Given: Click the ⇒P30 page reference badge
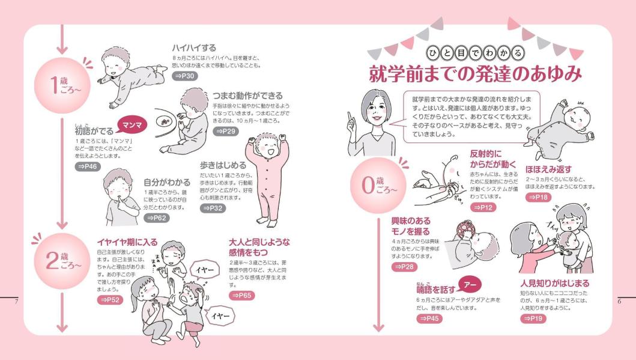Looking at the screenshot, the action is (x=185, y=76).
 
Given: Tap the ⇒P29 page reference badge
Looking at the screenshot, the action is (x=226, y=131).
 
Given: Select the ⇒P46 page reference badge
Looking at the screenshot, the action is (x=88, y=166).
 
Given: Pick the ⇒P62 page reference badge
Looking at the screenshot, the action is (x=157, y=218).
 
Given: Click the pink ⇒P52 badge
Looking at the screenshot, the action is (x=110, y=300).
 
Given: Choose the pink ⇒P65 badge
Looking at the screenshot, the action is (x=242, y=296).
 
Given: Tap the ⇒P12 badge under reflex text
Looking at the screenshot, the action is (x=483, y=207).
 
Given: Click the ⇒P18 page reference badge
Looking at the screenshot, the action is (x=539, y=197).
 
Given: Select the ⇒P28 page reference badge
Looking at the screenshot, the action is (x=404, y=267).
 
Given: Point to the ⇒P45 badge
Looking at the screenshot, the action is (x=429, y=319).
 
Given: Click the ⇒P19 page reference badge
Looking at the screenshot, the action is (x=533, y=319).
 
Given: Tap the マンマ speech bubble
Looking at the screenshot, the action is (x=132, y=126).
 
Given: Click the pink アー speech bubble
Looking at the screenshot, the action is (x=470, y=284).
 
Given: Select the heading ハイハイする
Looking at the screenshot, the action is (x=194, y=48).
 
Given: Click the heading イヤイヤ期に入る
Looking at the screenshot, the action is (x=127, y=242).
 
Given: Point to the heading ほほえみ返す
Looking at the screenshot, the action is (x=548, y=169).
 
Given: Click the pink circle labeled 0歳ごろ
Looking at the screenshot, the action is (x=378, y=186).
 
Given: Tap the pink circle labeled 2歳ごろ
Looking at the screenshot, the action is (x=62, y=261).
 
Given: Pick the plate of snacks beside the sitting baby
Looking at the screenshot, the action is (x=165, y=121).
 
